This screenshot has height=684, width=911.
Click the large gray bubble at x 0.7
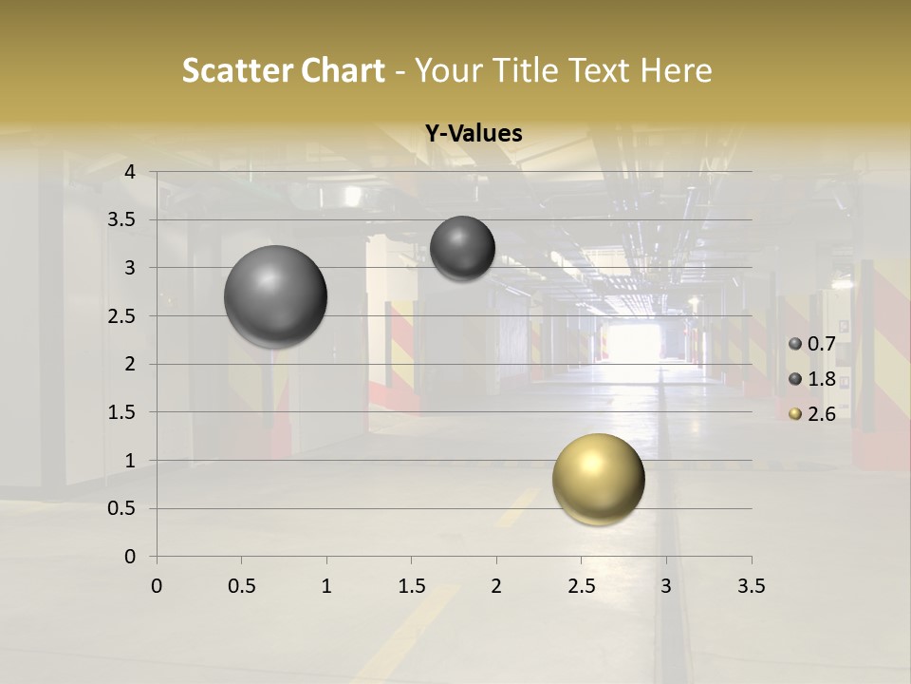[x=275, y=296]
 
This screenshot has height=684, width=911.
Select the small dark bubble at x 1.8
[x=462, y=248]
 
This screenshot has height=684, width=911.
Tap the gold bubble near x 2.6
[x=598, y=479]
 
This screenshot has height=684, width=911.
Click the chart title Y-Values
[x=473, y=134]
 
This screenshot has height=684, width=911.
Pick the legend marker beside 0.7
[x=795, y=345]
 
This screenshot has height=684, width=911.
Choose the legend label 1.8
[x=822, y=380]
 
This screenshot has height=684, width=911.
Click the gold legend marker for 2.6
[x=795, y=414]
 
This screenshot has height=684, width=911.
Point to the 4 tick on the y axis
[x=131, y=172]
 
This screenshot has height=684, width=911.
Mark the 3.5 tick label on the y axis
[x=121, y=220]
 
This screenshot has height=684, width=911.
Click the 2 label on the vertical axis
[x=131, y=364]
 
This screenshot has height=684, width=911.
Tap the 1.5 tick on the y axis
[x=121, y=412]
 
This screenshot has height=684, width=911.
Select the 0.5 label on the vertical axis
[x=121, y=508]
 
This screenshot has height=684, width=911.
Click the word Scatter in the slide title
[x=235, y=71]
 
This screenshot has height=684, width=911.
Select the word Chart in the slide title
[x=342, y=71]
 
